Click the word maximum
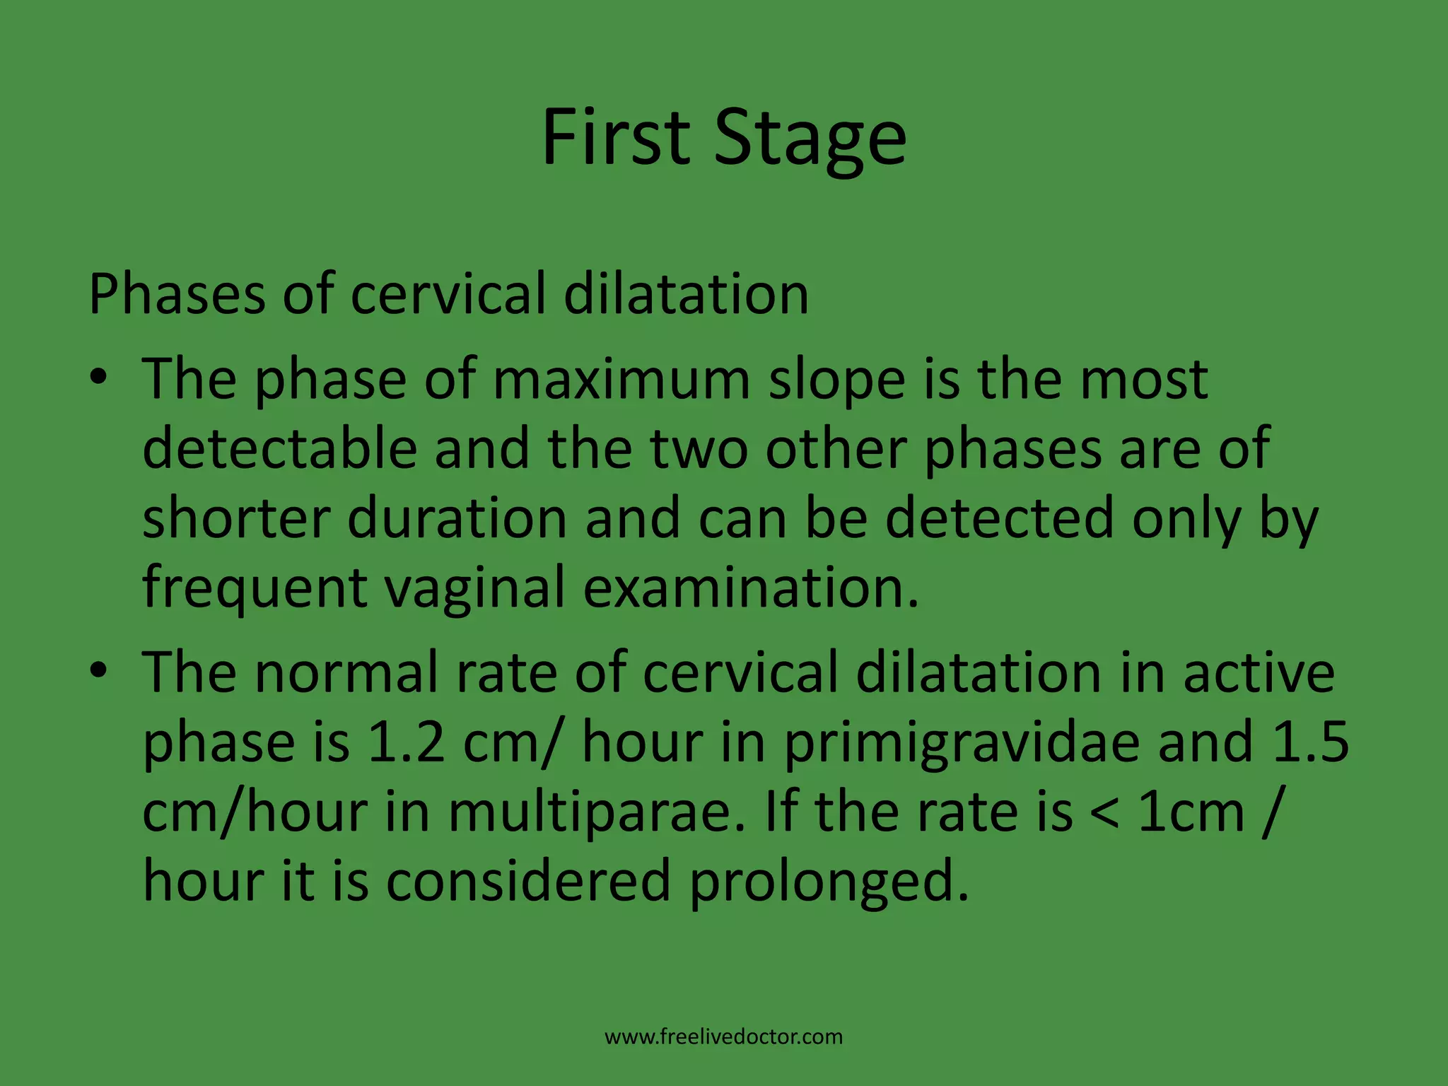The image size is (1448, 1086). coord(621,380)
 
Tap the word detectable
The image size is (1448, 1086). coord(280,448)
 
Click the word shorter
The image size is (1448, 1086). coord(236,518)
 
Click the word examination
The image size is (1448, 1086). coord(750,587)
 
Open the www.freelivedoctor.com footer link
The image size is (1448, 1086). coord(724,1037)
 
